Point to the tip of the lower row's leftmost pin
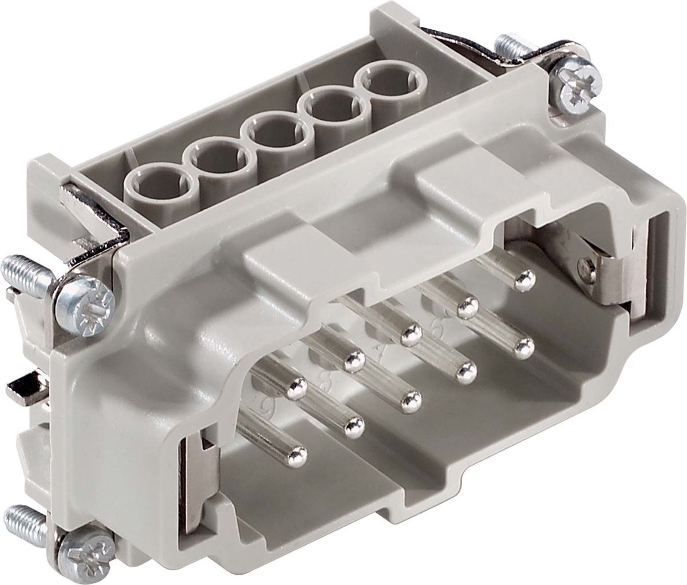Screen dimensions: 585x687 click(x=296, y=456)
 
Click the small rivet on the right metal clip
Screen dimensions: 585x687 click(x=584, y=264)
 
